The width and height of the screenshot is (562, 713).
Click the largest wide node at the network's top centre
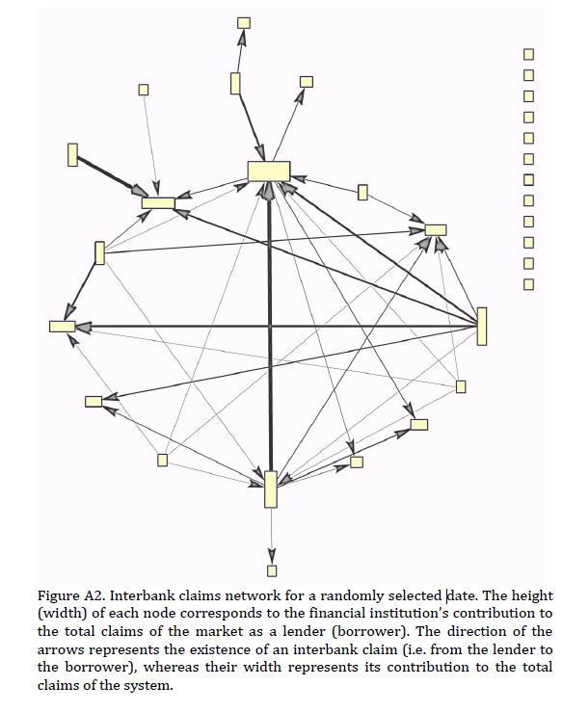(269, 171)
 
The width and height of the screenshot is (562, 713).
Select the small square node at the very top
(244, 23)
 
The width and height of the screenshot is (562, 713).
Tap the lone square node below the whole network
(272, 570)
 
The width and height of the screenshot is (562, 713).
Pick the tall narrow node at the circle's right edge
(481, 326)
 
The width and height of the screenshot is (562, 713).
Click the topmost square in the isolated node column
(528, 54)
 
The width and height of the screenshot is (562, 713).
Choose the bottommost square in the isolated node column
(528, 284)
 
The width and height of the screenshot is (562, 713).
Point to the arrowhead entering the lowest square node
(272, 557)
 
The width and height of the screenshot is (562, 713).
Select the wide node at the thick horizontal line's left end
(63, 326)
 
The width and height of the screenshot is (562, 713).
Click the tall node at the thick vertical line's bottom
(271, 489)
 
